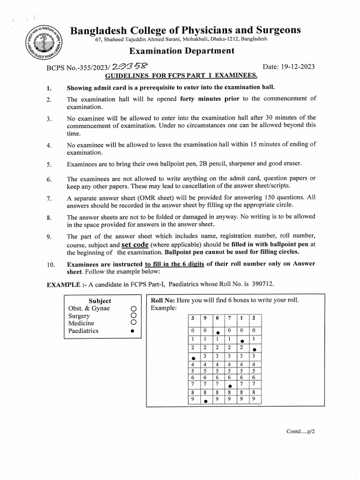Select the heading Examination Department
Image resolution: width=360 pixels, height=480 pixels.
point(181,51)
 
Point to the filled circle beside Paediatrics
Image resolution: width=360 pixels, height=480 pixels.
point(133,331)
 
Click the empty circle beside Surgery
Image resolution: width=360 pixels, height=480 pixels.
point(133,316)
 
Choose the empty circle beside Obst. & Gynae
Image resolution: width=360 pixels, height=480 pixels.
point(133,308)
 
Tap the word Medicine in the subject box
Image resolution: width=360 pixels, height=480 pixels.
point(81,323)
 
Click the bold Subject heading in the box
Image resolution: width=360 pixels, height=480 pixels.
point(100,300)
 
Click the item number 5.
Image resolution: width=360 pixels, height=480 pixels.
point(49,165)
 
